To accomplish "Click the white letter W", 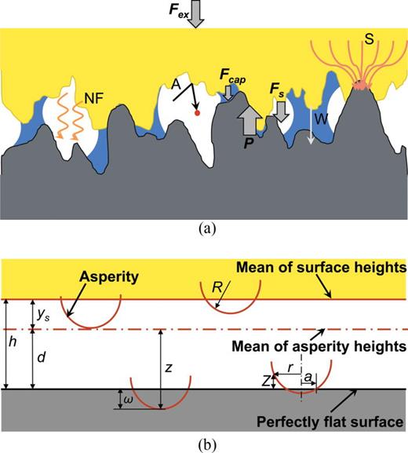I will point(321,119).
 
